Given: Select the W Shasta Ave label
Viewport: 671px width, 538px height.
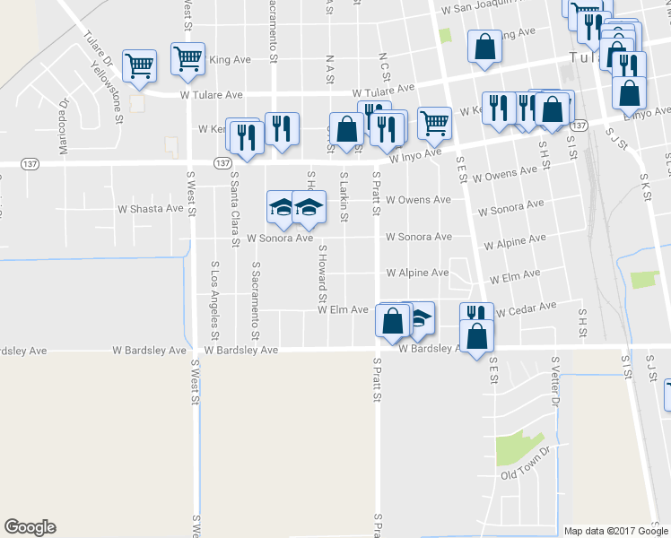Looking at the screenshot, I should click(151, 208).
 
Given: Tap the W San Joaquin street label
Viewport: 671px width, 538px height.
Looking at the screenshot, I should click(481, 8).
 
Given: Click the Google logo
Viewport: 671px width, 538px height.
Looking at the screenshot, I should click(30, 526).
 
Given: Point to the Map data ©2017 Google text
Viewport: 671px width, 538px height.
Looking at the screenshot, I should click(617, 531).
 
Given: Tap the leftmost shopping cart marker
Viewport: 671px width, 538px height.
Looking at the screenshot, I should click(139, 64).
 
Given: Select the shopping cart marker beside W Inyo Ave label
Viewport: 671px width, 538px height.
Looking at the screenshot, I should click(434, 121).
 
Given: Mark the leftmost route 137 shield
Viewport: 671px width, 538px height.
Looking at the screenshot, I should click(30, 163).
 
